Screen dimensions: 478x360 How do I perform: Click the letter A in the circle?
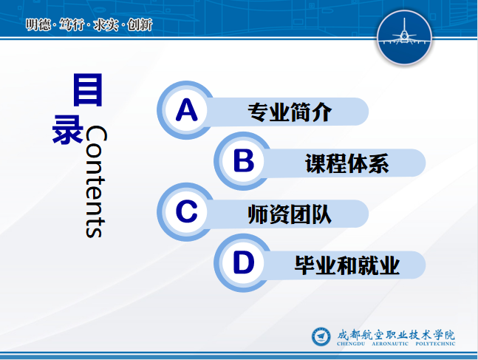(186, 110)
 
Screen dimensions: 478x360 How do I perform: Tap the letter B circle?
(243, 160)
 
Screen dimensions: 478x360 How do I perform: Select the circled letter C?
(186, 211)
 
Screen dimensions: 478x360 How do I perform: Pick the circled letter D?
(243, 262)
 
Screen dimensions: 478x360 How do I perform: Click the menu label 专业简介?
(290, 112)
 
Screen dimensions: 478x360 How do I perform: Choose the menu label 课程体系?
(347, 163)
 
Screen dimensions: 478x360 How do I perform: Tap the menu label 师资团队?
(290, 214)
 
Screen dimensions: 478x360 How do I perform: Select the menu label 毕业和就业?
(347, 265)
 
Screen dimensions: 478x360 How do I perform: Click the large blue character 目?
(87, 89)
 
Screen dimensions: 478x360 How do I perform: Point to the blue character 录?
(68, 129)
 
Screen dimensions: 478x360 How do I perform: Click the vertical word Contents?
(96, 181)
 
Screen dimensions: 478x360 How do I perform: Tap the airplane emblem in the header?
(404, 37)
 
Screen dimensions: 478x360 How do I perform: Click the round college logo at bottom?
(321, 336)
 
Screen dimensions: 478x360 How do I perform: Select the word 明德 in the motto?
(38, 24)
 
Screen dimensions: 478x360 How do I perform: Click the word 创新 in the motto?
(140, 24)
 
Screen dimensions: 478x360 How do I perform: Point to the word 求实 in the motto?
(106, 24)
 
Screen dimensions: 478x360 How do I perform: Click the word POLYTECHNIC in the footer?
(435, 344)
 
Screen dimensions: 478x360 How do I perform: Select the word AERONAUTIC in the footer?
(390, 344)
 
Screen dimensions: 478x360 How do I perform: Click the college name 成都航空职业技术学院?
(396, 335)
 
